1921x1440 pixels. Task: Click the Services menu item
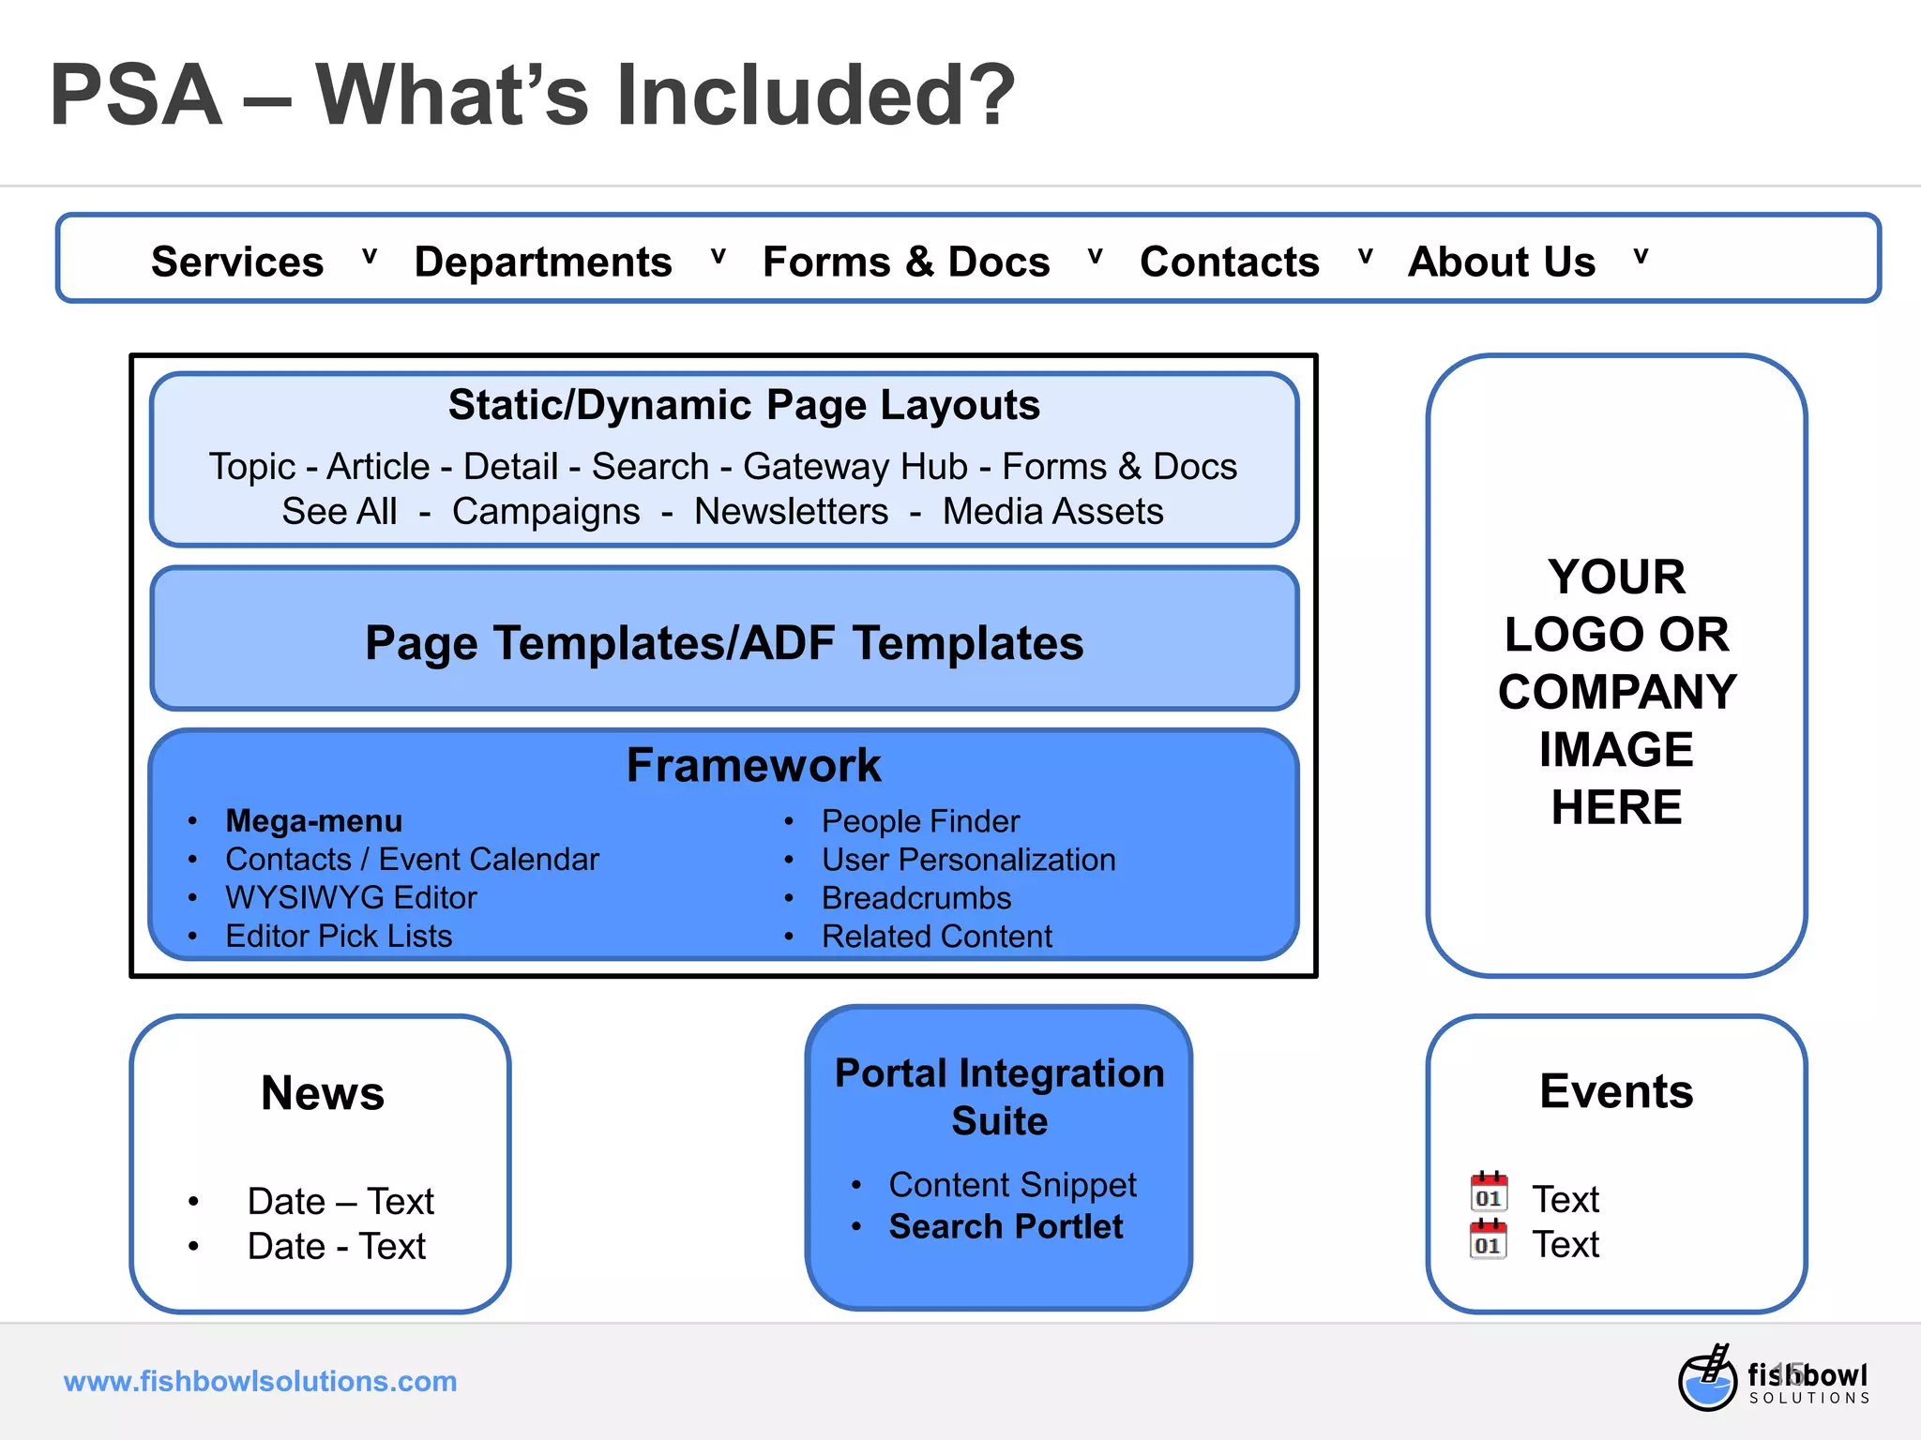click(237, 262)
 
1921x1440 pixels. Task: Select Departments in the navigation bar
click(543, 262)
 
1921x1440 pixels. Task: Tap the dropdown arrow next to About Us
click(1641, 257)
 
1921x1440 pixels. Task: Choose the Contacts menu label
click(1229, 262)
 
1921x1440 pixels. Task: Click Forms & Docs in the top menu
click(906, 262)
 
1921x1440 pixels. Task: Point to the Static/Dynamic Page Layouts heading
click(744, 405)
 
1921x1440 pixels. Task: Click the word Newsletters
click(791, 512)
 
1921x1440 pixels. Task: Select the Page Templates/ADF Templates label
click(724, 643)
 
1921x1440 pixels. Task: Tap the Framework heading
click(753, 765)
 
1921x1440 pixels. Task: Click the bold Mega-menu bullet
click(313, 821)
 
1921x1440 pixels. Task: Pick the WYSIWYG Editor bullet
click(351, 898)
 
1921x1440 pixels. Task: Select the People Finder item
click(920, 821)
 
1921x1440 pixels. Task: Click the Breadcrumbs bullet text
click(916, 898)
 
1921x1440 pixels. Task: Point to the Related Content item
click(937, 937)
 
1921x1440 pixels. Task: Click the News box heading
click(323, 1093)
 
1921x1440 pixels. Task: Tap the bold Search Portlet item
click(1006, 1226)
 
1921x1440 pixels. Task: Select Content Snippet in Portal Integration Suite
click(1012, 1185)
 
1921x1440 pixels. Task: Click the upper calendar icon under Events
click(1489, 1192)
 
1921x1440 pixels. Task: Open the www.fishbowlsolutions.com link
click(260, 1381)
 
